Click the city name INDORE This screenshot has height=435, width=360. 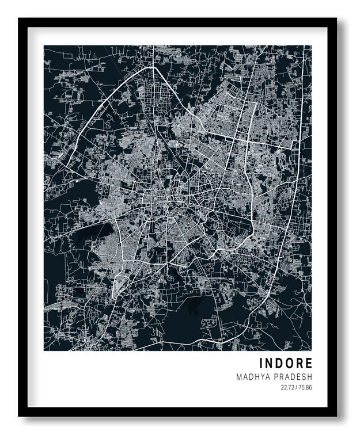click(286, 364)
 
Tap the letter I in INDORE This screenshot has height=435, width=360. click(261, 364)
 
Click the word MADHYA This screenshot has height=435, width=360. click(251, 377)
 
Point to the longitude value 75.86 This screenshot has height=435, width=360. click(305, 388)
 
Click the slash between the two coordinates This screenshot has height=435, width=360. click(296, 388)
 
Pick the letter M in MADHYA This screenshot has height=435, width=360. click(238, 377)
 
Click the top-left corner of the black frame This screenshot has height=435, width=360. click(19, 19)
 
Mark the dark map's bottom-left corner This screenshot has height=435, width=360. click(44, 350)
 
